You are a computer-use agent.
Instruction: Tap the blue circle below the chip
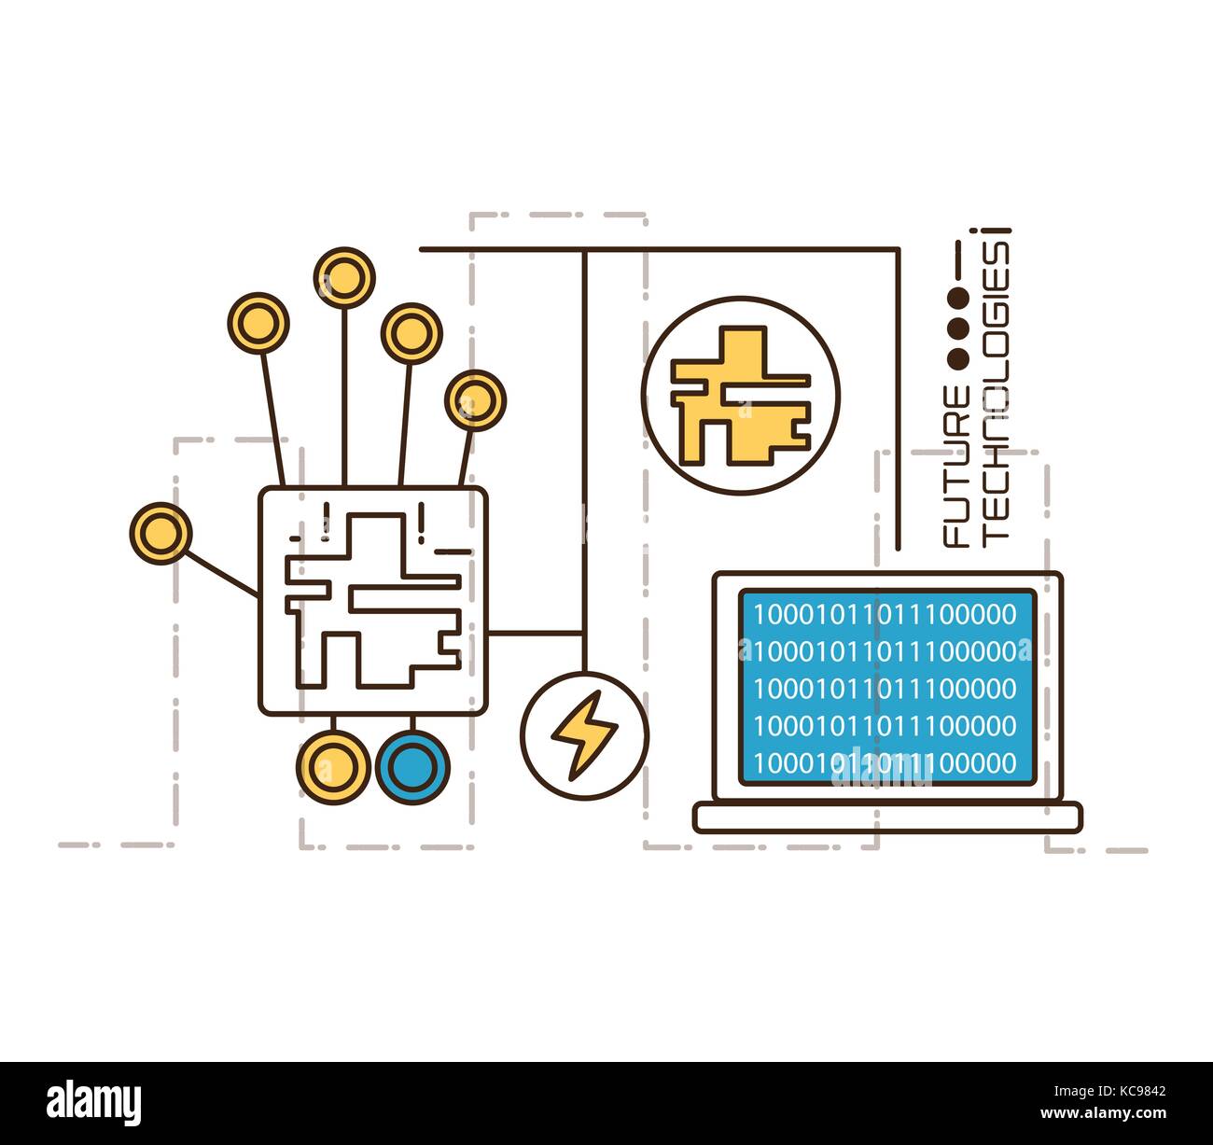click(x=412, y=767)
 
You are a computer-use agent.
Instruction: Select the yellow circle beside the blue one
click(x=333, y=767)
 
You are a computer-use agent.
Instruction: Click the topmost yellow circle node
click(x=344, y=277)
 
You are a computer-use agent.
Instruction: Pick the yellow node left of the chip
click(x=160, y=533)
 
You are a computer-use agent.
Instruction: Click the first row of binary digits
click(x=885, y=614)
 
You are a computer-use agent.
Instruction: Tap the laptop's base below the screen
click(x=887, y=817)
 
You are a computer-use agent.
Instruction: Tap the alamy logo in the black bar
click(x=94, y=1102)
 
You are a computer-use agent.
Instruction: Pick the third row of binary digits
click(x=885, y=689)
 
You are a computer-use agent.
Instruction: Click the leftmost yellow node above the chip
click(x=258, y=323)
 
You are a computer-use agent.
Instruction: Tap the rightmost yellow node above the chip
click(x=475, y=400)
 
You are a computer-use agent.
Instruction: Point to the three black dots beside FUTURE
click(x=957, y=327)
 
